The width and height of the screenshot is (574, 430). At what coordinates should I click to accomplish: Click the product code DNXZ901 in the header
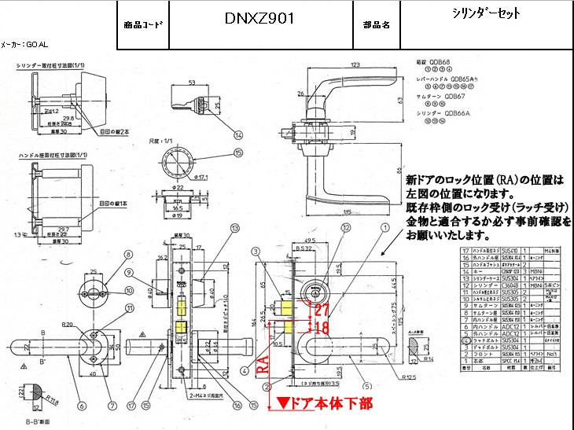(x=259, y=18)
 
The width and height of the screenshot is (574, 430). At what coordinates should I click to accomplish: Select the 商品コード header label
(x=143, y=24)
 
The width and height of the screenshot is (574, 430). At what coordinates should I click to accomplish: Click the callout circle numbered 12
(x=345, y=228)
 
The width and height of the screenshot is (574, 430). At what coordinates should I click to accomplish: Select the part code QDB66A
(x=457, y=113)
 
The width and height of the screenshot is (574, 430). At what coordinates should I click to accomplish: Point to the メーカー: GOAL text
(x=24, y=45)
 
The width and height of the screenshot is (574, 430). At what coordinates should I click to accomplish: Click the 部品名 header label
(x=376, y=24)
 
